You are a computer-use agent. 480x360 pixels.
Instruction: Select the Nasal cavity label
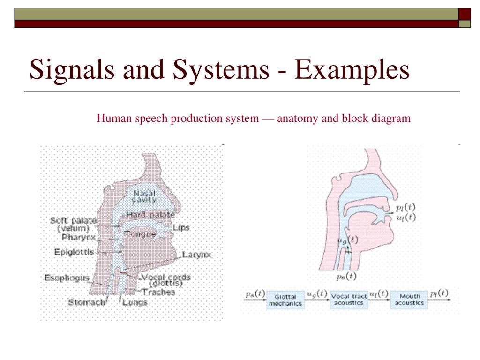click(144, 196)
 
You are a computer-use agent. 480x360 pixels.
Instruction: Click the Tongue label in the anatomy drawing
click(140, 234)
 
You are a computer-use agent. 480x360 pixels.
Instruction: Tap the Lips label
click(181, 228)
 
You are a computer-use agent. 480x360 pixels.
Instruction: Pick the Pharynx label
click(78, 237)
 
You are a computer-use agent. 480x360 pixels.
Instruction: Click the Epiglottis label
click(74, 252)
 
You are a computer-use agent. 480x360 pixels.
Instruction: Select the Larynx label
click(197, 255)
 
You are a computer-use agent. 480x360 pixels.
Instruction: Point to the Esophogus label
click(67, 278)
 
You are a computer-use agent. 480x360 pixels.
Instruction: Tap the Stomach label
click(87, 302)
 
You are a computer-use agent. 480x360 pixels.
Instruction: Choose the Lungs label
click(135, 302)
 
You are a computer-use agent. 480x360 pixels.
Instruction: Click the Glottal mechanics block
click(285, 300)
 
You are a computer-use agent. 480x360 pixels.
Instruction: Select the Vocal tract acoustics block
click(348, 300)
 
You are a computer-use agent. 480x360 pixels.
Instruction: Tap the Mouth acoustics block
click(409, 300)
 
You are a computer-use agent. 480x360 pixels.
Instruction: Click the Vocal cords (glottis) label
click(165, 280)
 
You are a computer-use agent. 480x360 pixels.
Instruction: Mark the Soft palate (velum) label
click(73, 224)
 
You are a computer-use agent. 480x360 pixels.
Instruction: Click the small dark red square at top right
click(465, 14)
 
